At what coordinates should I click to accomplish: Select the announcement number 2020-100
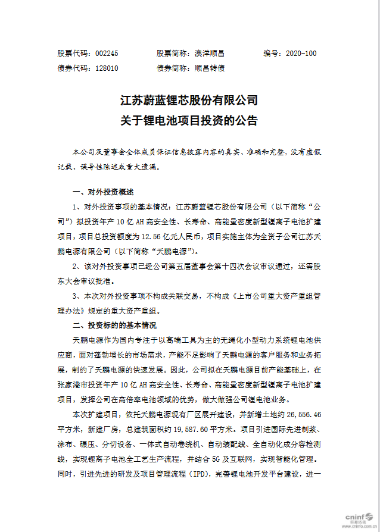click(x=301, y=53)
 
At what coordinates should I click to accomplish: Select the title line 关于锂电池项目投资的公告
click(x=189, y=121)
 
